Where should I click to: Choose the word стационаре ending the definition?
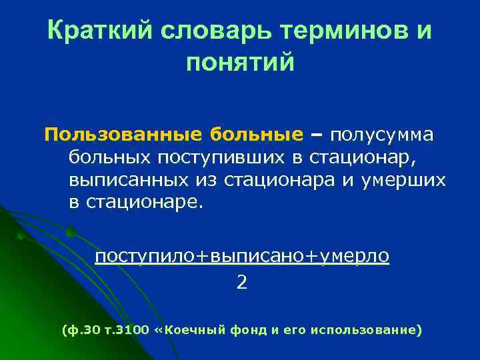pos(143,203)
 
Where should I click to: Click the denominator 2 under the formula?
pos(241,283)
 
